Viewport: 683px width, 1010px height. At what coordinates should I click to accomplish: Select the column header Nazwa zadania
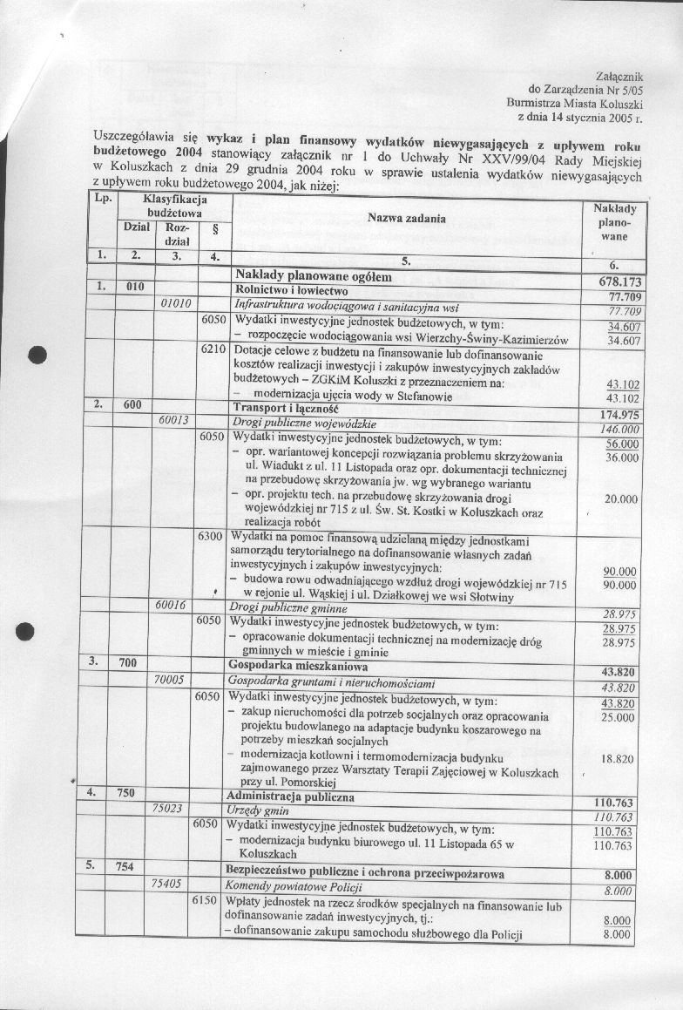407,218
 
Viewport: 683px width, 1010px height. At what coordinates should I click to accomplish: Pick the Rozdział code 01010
181,304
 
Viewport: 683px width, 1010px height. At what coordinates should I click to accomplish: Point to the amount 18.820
617,759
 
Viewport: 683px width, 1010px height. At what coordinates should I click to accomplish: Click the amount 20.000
621,499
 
